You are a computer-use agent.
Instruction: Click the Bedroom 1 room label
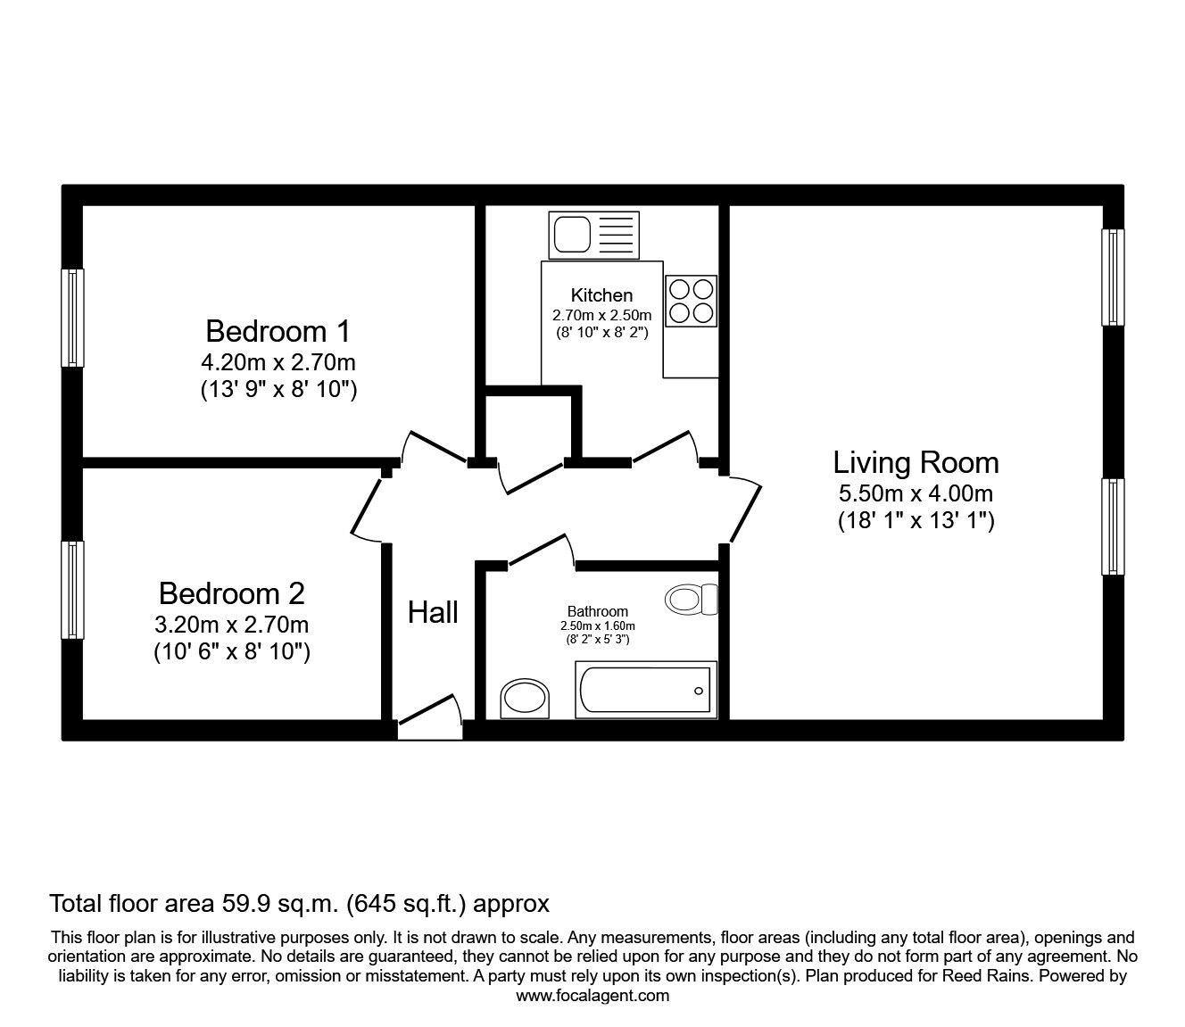[278, 331]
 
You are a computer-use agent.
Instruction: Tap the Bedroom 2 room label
[232, 593]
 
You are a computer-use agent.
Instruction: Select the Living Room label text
[916, 463]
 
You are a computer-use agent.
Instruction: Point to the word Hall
[433, 612]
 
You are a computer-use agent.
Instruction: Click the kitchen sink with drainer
[594, 235]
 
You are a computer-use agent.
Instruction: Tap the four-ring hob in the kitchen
[692, 301]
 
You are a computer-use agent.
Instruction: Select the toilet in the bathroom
[692, 600]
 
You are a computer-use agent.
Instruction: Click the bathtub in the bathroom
[646, 689]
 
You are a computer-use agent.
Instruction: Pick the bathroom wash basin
[525, 699]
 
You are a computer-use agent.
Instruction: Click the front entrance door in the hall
[430, 718]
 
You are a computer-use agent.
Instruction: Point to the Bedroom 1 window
[73, 318]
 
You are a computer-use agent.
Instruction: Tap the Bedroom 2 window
[73, 590]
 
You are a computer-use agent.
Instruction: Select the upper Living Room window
[1113, 277]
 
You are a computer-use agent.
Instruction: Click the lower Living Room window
[1113, 526]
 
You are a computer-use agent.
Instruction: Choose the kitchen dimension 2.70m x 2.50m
[602, 315]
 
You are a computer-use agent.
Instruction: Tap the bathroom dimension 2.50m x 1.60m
[598, 626]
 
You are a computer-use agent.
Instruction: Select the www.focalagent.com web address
[592, 996]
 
